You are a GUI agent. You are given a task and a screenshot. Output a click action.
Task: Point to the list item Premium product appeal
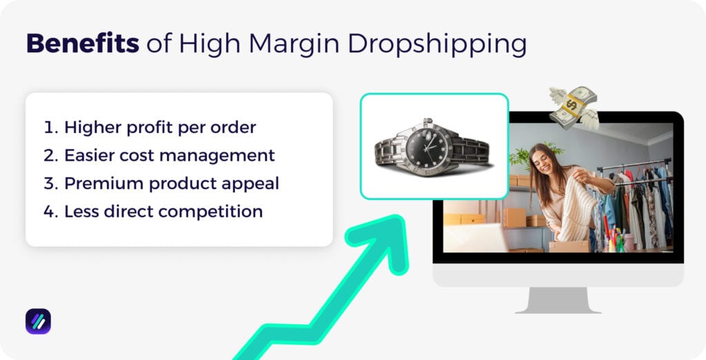(x=161, y=183)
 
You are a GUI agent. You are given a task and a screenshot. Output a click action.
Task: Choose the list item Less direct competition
(x=153, y=211)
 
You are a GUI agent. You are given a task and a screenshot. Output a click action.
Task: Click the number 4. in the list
(x=50, y=211)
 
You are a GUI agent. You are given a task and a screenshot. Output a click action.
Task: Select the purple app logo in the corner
(x=38, y=321)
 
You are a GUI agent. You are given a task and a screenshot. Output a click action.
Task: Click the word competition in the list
(x=217, y=211)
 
